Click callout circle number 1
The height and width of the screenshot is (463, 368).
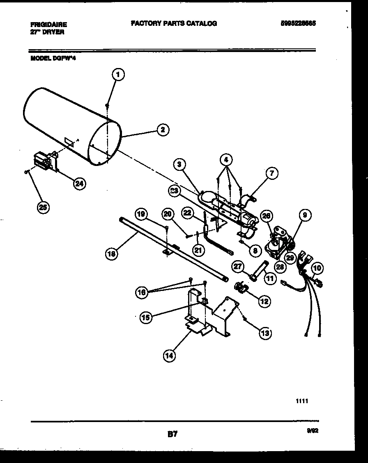click(x=118, y=75)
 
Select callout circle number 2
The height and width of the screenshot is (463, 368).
click(x=163, y=129)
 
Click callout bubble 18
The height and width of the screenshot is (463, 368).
click(x=111, y=254)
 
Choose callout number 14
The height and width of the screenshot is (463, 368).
click(x=169, y=356)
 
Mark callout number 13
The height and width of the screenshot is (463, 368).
click(x=265, y=333)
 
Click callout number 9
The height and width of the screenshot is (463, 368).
click(x=305, y=215)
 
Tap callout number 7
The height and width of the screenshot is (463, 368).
click(x=271, y=174)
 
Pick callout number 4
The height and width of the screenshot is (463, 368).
click(x=225, y=158)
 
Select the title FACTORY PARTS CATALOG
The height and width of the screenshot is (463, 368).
click(x=174, y=23)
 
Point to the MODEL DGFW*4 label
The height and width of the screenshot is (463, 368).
click(x=53, y=58)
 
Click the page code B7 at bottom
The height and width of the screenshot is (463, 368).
click(x=172, y=434)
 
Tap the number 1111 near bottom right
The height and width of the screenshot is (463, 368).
click(x=302, y=402)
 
